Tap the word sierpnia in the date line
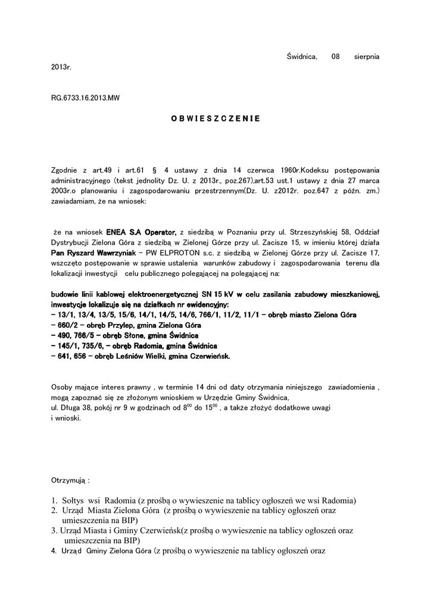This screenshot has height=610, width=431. coord(367,57)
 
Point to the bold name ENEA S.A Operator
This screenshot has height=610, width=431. coord(142,232)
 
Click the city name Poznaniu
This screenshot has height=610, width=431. coord(233,232)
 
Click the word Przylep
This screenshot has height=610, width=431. coord(117,325)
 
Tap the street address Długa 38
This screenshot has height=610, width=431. coord(74,407)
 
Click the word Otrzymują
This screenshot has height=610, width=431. coord(70,479)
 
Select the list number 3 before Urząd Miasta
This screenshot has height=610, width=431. coord(54,531)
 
